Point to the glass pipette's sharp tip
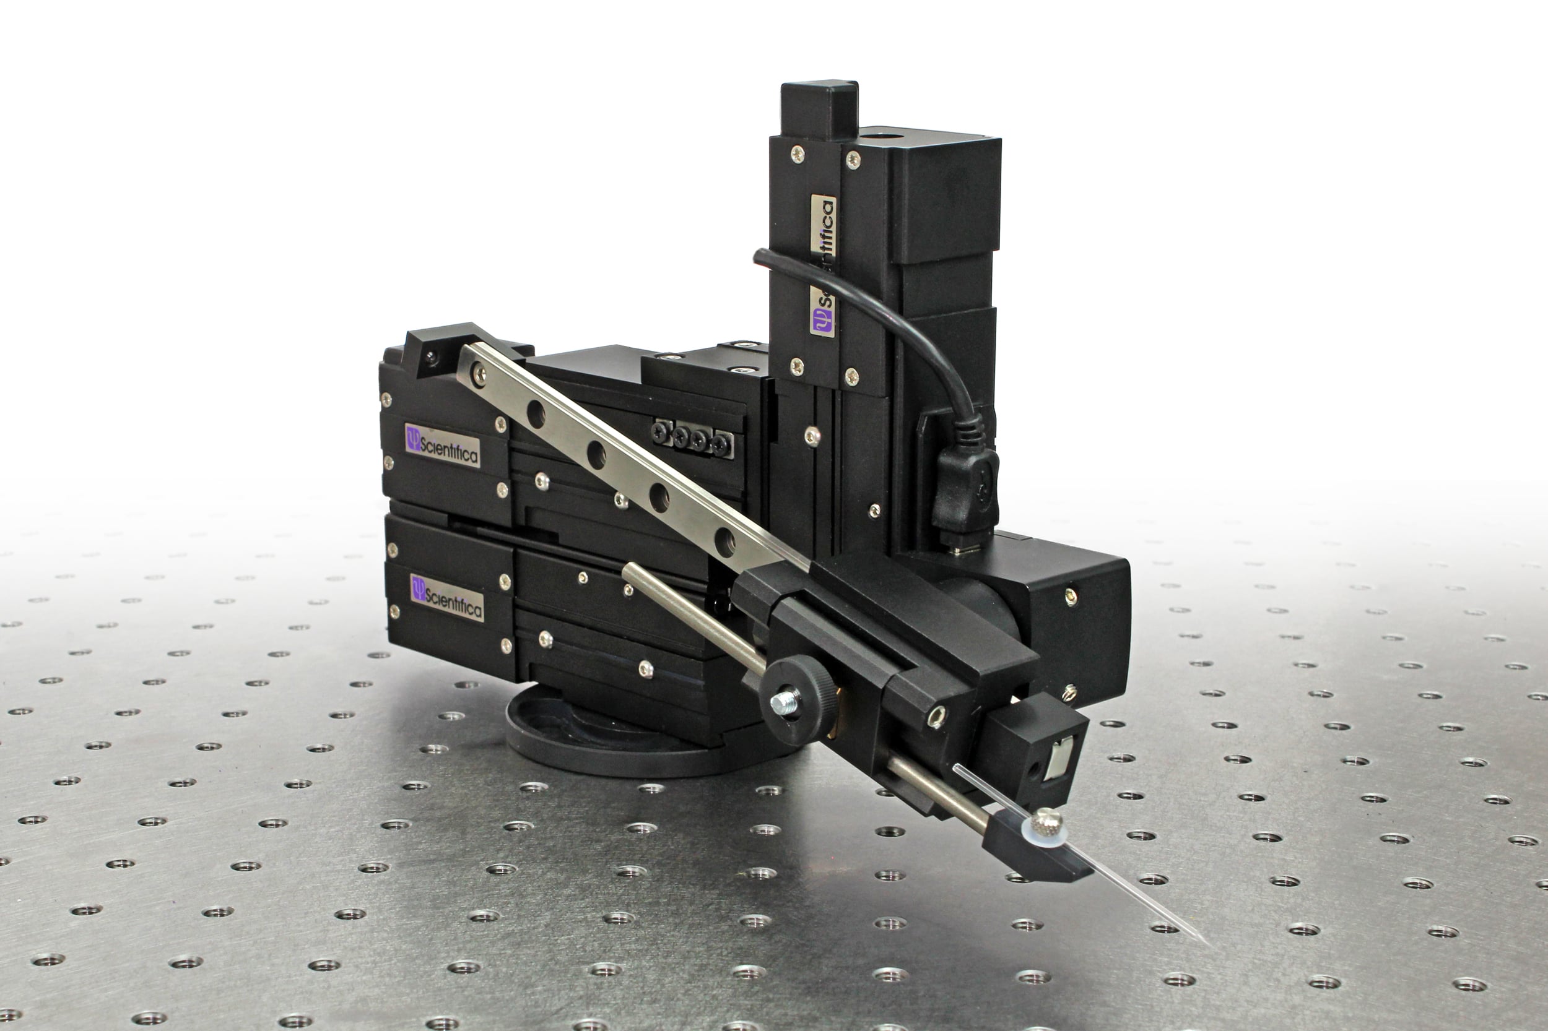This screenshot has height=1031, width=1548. (x=1208, y=944)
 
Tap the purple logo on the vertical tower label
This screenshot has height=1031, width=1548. (x=822, y=319)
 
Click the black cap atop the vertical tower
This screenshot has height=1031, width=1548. (x=819, y=108)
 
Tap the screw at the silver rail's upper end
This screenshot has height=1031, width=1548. (x=479, y=375)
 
